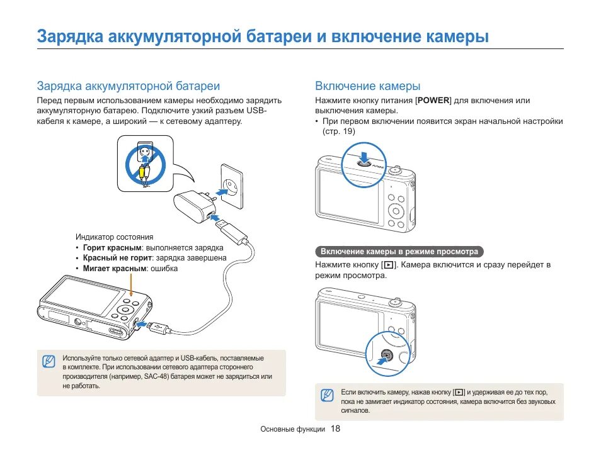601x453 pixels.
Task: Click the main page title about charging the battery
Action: point(263,36)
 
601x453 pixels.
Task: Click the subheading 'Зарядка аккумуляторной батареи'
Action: point(128,86)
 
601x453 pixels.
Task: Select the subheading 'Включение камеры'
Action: point(367,86)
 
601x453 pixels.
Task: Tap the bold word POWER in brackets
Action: point(434,101)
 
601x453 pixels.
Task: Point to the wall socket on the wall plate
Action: point(231,187)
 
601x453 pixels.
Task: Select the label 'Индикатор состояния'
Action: point(114,237)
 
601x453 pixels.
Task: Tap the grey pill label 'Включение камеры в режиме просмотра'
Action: point(399,252)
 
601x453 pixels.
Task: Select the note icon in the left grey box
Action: point(49,362)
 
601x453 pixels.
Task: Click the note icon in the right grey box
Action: point(326,395)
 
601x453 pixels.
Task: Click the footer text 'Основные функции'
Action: point(292,430)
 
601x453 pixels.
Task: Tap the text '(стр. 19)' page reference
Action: point(339,131)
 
